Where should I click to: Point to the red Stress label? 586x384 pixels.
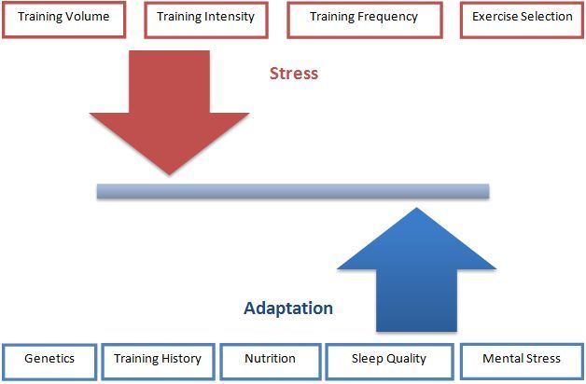point(294,74)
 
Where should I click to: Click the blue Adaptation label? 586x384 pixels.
point(288,308)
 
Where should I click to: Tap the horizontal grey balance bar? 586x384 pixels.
point(293,191)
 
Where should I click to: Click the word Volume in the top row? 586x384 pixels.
point(89,17)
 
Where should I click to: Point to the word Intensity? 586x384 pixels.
point(229,17)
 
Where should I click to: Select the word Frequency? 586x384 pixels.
point(389,17)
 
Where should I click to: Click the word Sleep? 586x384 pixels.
point(368,358)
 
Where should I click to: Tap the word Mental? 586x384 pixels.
point(501,358)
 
